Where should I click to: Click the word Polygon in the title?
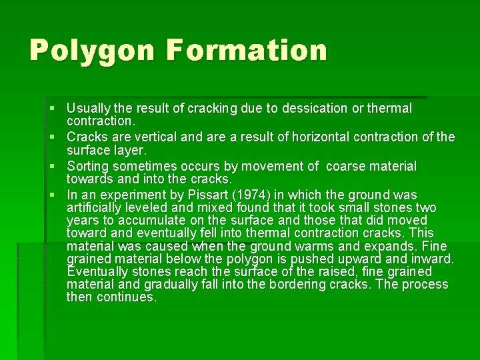pyautogui.click(x=91, y=51)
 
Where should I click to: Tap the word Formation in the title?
pyautogui.click(x=247, y=51)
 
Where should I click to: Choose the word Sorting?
pyautogui.click(x=90, y=167)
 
